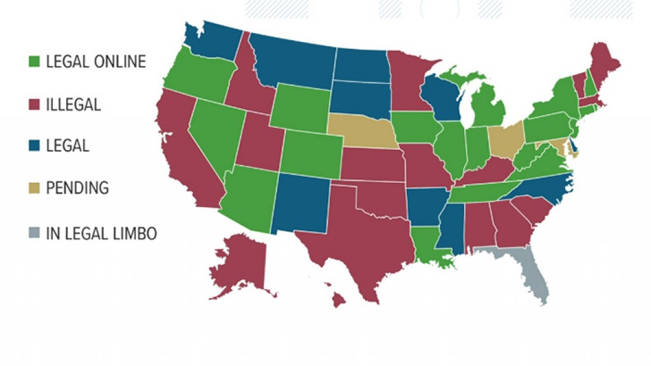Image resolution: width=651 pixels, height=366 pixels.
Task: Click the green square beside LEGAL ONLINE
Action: click(x=35, y=62)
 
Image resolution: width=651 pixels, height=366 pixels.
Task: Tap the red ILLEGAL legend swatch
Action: click(x=35, y=104)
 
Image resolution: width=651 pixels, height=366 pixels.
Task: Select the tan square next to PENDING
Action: click(x=35, y=187)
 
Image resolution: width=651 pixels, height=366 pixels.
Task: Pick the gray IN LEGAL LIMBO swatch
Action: click(x=35, y=233)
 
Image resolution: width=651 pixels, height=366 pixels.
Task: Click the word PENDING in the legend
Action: click(x=77, y=187)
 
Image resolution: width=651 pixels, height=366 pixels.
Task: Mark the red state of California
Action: click(x=184, y=152)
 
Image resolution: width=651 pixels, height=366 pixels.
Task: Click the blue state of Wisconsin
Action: click(x=441, y=98)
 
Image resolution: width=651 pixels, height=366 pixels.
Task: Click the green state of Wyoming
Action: click(x=302, y=105)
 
